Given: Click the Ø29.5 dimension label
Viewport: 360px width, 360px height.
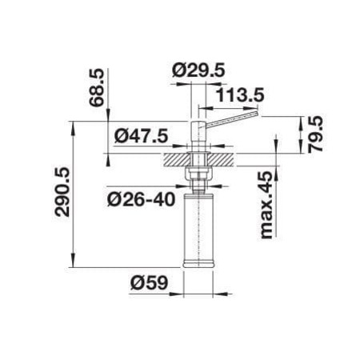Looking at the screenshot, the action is tap(198, 70).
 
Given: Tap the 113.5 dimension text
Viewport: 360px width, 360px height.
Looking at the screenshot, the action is tap(240, 95).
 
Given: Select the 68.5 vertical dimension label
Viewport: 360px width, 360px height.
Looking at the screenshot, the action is tap(96, 88).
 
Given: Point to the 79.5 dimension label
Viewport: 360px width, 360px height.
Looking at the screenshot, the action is tap(315, 134).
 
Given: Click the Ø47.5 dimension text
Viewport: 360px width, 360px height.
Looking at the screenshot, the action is tap(142, 136).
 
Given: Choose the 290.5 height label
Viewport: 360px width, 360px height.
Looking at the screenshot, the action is tap(62, 192).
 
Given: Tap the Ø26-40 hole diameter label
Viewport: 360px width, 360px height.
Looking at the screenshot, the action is tap(142, 199).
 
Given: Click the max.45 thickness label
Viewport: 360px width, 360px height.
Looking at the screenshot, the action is tap(266, 205).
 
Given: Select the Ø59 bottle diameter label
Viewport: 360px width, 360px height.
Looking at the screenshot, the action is tap(150, 282).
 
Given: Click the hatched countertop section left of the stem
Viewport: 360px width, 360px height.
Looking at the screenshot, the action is tap(176, 160).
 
